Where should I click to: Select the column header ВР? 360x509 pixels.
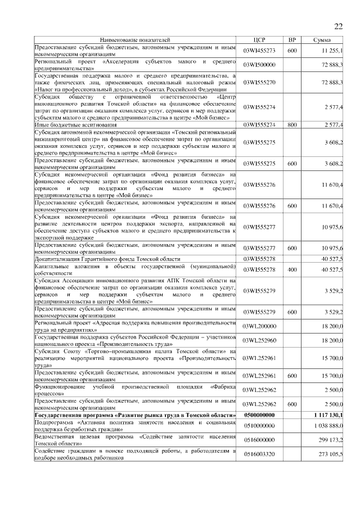(x=291, y=40)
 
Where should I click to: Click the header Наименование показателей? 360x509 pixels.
(x=134, y=40)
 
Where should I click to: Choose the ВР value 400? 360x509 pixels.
(x=291, y=270)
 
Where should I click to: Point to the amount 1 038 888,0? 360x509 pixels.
(x=328, y=426)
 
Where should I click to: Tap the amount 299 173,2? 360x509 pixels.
(x=330, y=440)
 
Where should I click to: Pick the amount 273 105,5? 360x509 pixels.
(x=330, y=454)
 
